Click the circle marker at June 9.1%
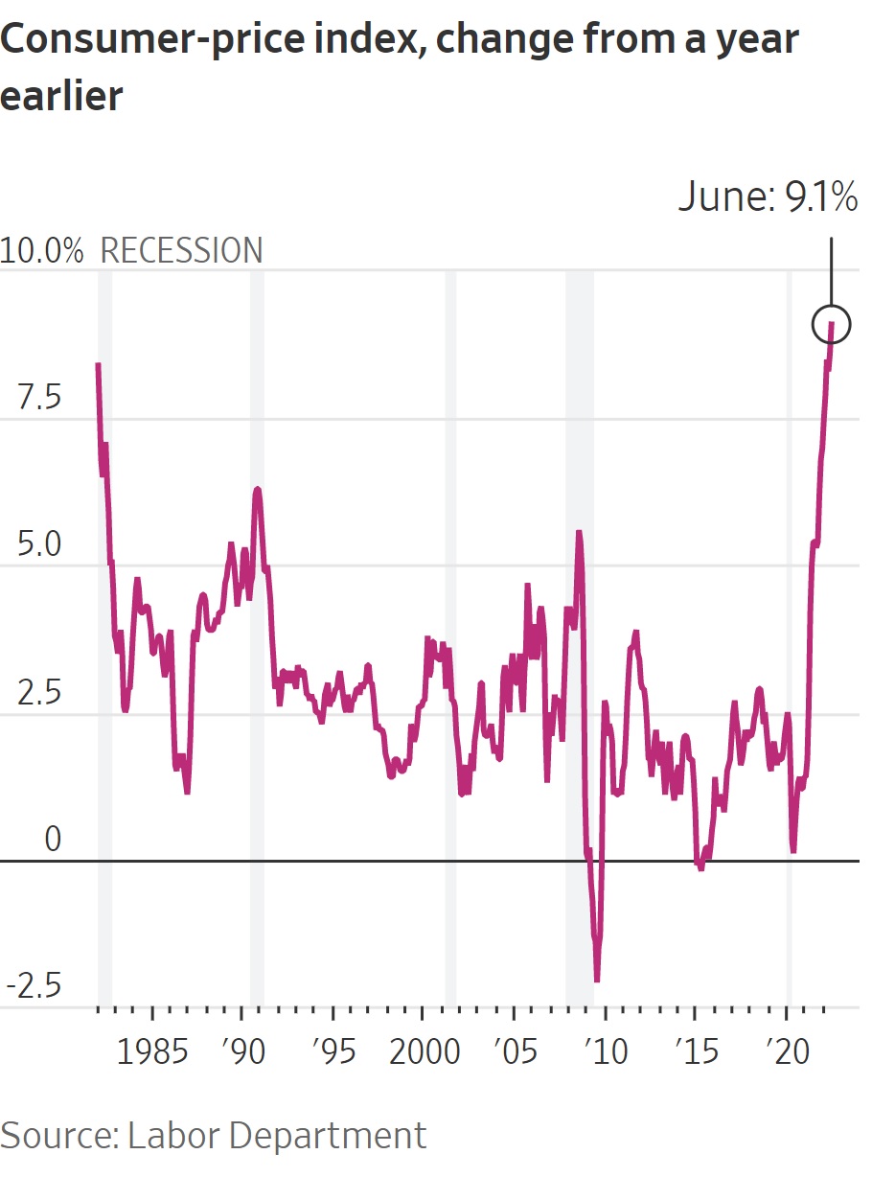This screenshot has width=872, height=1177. coord(831,325)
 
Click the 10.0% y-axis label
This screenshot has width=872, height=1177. coord(42,250)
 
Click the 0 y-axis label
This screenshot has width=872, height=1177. coord(52,840)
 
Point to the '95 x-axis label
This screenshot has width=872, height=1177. coord(333,1051)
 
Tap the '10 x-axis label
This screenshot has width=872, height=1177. coord(605,1051)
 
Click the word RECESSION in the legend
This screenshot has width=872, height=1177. coord(181,250)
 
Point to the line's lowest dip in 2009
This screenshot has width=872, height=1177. coord(597,980)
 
